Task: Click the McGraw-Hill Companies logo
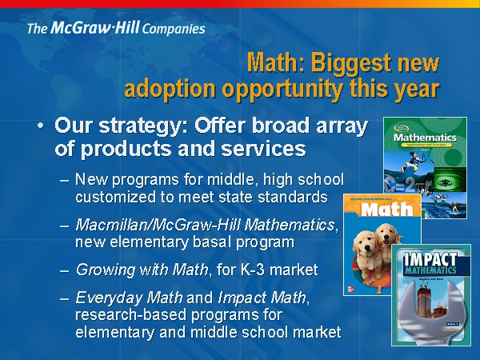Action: (116, 29)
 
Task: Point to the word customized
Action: (113, 196)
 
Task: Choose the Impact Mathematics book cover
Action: (430, 296)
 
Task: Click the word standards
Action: (296, 196)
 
